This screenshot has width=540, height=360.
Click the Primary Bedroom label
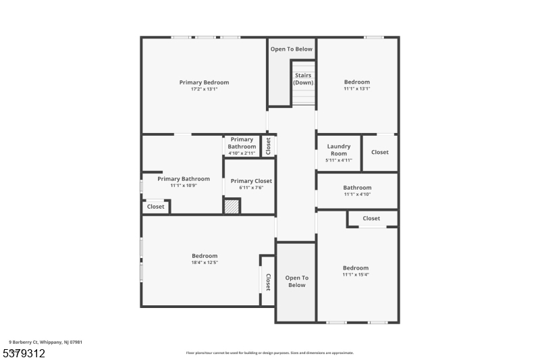[204, 82]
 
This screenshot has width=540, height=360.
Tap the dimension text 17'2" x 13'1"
[204, 89]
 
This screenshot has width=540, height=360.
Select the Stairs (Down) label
[303, 79]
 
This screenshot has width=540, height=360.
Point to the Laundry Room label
[339, 150]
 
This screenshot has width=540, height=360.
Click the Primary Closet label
[251, 181]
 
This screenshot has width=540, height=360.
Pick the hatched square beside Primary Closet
[232, 206]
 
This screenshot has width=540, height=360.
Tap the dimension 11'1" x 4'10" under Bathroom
[357, 195]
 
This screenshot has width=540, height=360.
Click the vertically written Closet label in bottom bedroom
[268, 282]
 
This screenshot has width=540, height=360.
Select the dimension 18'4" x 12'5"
[205, 262]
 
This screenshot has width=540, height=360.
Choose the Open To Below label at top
[292, 49]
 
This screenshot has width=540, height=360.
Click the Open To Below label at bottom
[296, 282]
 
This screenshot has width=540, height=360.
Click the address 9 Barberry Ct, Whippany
[46, 342]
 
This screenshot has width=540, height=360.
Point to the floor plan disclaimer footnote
[269, 353]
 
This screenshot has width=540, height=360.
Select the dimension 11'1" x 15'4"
[356, 274]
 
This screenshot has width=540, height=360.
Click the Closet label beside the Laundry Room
[380, 152]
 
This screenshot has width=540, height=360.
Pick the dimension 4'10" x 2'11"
[242, 153]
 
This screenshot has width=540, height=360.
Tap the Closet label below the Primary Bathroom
[156, 207]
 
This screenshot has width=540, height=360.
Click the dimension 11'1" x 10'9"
[184, 186]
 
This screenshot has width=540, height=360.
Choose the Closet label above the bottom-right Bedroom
[371, 218]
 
